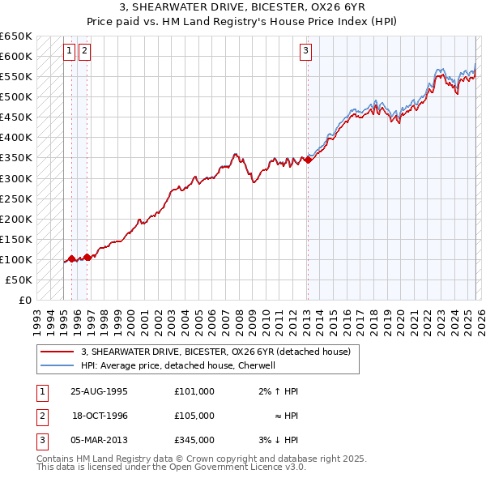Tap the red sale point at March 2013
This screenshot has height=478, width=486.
308,160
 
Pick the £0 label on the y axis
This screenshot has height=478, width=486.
26,300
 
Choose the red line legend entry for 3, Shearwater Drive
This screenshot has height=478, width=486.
215,352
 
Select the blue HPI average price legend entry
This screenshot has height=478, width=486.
179,365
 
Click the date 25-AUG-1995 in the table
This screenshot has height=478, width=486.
99,391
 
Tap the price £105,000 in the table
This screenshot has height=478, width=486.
194,416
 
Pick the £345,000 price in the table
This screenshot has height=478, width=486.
194,440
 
